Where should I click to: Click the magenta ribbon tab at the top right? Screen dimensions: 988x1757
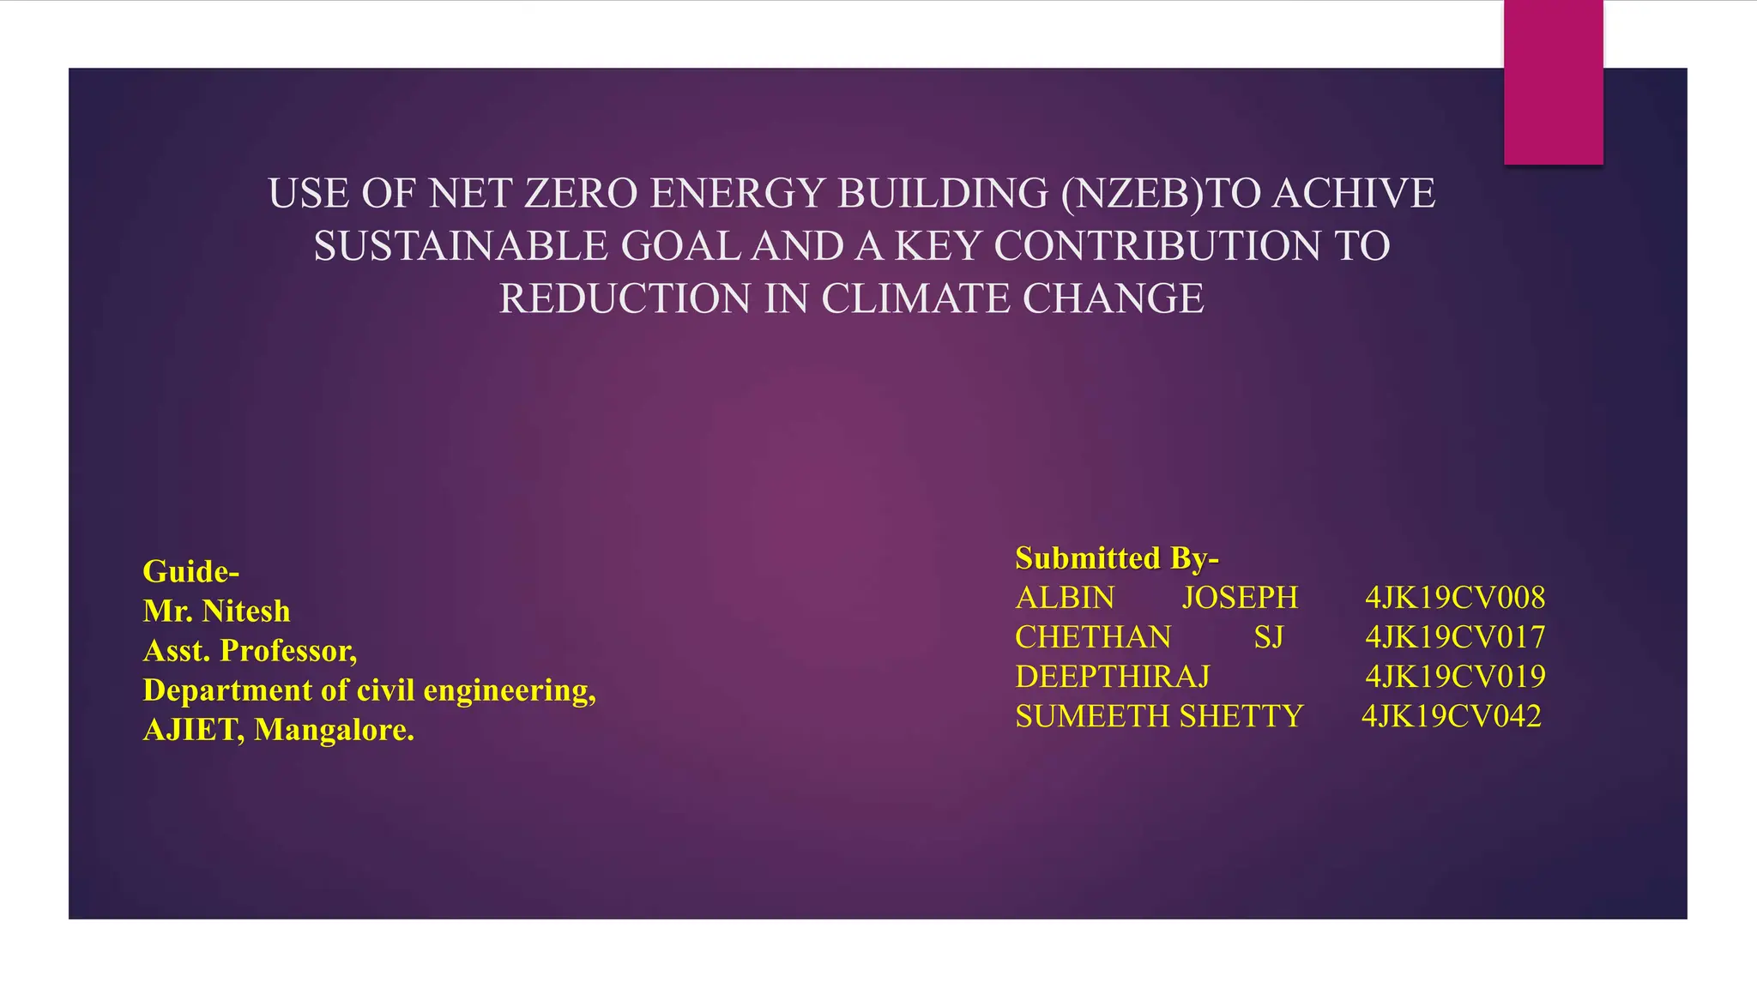pos(1553,82)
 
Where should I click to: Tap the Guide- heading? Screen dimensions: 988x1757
pos(190,571)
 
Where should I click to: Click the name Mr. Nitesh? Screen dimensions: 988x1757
pos(216,611)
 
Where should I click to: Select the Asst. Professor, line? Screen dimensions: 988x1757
pos(250,650)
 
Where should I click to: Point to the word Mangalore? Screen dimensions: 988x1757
pos(334,730)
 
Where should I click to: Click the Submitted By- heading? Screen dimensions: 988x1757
pos(1116,558)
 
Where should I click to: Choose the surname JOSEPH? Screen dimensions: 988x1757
pos(1240,598)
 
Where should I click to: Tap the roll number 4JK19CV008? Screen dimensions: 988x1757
pos(1455,598)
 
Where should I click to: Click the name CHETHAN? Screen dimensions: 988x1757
pos(1093,637)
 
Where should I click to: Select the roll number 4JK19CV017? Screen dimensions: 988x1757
pos(1455,637)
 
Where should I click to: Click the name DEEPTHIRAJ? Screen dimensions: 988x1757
pos(1112,677)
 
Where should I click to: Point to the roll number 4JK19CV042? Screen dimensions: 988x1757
pos(1452,716)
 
